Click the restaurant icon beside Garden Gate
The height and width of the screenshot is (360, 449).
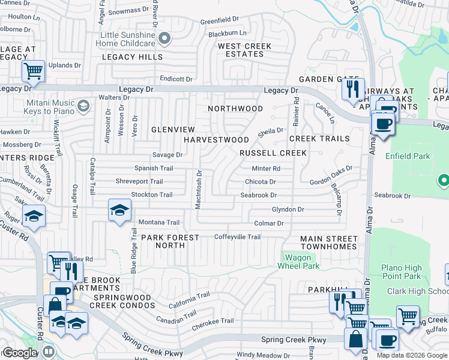[x=351, y=89]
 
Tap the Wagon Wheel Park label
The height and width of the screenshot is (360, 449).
[x=297, y=262]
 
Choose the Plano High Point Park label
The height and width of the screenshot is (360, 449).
[x=403, y=272]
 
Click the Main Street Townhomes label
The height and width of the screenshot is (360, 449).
[x=328, y=243]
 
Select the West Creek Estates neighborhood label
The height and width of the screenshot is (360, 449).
[x=244, y=50]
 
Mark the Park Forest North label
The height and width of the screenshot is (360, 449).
[x=170, y=241]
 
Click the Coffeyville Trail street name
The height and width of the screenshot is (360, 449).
[x=237, y=237]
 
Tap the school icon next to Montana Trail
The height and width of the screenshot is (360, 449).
[x=119, y=210]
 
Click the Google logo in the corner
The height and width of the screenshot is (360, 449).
[x=20, y=353]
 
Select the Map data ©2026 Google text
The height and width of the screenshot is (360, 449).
[x=412, y=355]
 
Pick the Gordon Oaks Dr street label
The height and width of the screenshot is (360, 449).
[x=331, y=176]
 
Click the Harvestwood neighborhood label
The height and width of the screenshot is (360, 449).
[x=215, y=139]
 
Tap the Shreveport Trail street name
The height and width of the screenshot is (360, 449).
[x=139, y=182]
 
